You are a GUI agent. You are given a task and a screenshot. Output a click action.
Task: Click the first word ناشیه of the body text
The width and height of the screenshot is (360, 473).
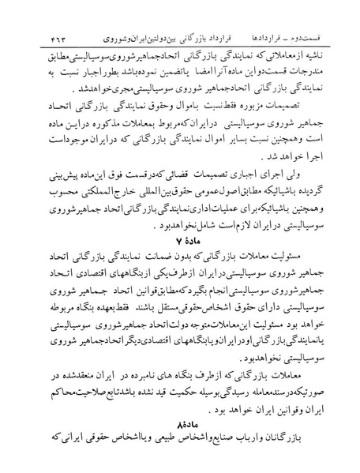pos(324,38)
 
